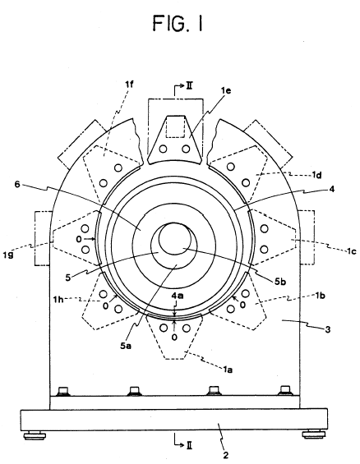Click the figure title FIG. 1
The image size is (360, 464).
click(178, 23)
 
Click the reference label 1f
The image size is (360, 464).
click(129, 85)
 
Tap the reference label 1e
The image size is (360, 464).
click(226, 90)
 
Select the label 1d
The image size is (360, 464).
click(316, 175)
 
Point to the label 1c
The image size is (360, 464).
click(352, 251)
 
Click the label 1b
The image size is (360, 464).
click(321, 295)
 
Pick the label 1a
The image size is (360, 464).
click(228, 369)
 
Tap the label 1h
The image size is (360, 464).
click(58, 300)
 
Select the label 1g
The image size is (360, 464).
click(8, 255)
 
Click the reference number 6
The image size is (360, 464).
click(17, 184)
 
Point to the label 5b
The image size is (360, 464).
click(280, 282)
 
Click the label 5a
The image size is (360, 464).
click(126, 345)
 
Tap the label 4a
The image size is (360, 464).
click(178, 296)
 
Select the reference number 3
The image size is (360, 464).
click(328, 329)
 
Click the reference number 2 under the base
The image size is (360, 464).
click(226, 455)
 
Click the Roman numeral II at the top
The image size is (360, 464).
click(189, 86)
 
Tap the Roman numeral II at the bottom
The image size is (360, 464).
click(190, 445)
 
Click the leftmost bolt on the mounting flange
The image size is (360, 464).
click(64, 391)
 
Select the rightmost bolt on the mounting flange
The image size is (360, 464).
click(285, 390)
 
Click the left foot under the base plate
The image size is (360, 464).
click(35, 435)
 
